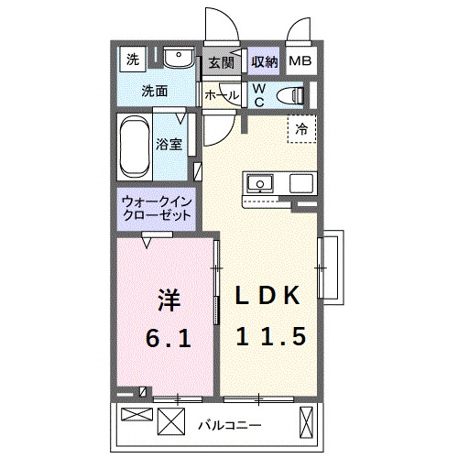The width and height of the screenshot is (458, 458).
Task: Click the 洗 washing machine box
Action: pyautogui.click(x=133, y=61)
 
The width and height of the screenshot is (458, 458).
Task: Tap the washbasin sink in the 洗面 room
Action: pyautogui.click(x=178, y=60)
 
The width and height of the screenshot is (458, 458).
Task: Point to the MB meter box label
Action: pyautogui.click(x=300, y=62)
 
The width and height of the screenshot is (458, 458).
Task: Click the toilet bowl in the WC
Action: pyautogui.click(x=291, y=93)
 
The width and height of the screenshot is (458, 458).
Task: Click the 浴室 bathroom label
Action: pyautogui.click(x=169, y=144)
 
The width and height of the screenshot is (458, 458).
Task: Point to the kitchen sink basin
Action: pyautogui.click(x=259, y=182)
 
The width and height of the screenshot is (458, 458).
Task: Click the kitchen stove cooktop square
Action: pyautogui.click(x=301, y=182)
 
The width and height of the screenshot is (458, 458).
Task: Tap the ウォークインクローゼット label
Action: pyautogui.click(x=157, y=208)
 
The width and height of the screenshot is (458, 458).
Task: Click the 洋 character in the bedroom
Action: pyautogui.click(x=167, y=299)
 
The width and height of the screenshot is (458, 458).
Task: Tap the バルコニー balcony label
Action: pyautogui.click(x=229, y=425)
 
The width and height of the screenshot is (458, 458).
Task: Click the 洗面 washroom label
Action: pyautogui.click(x=154, y=91)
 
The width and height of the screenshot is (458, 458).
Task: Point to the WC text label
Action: pyautogui.click(x=259, y=94)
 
